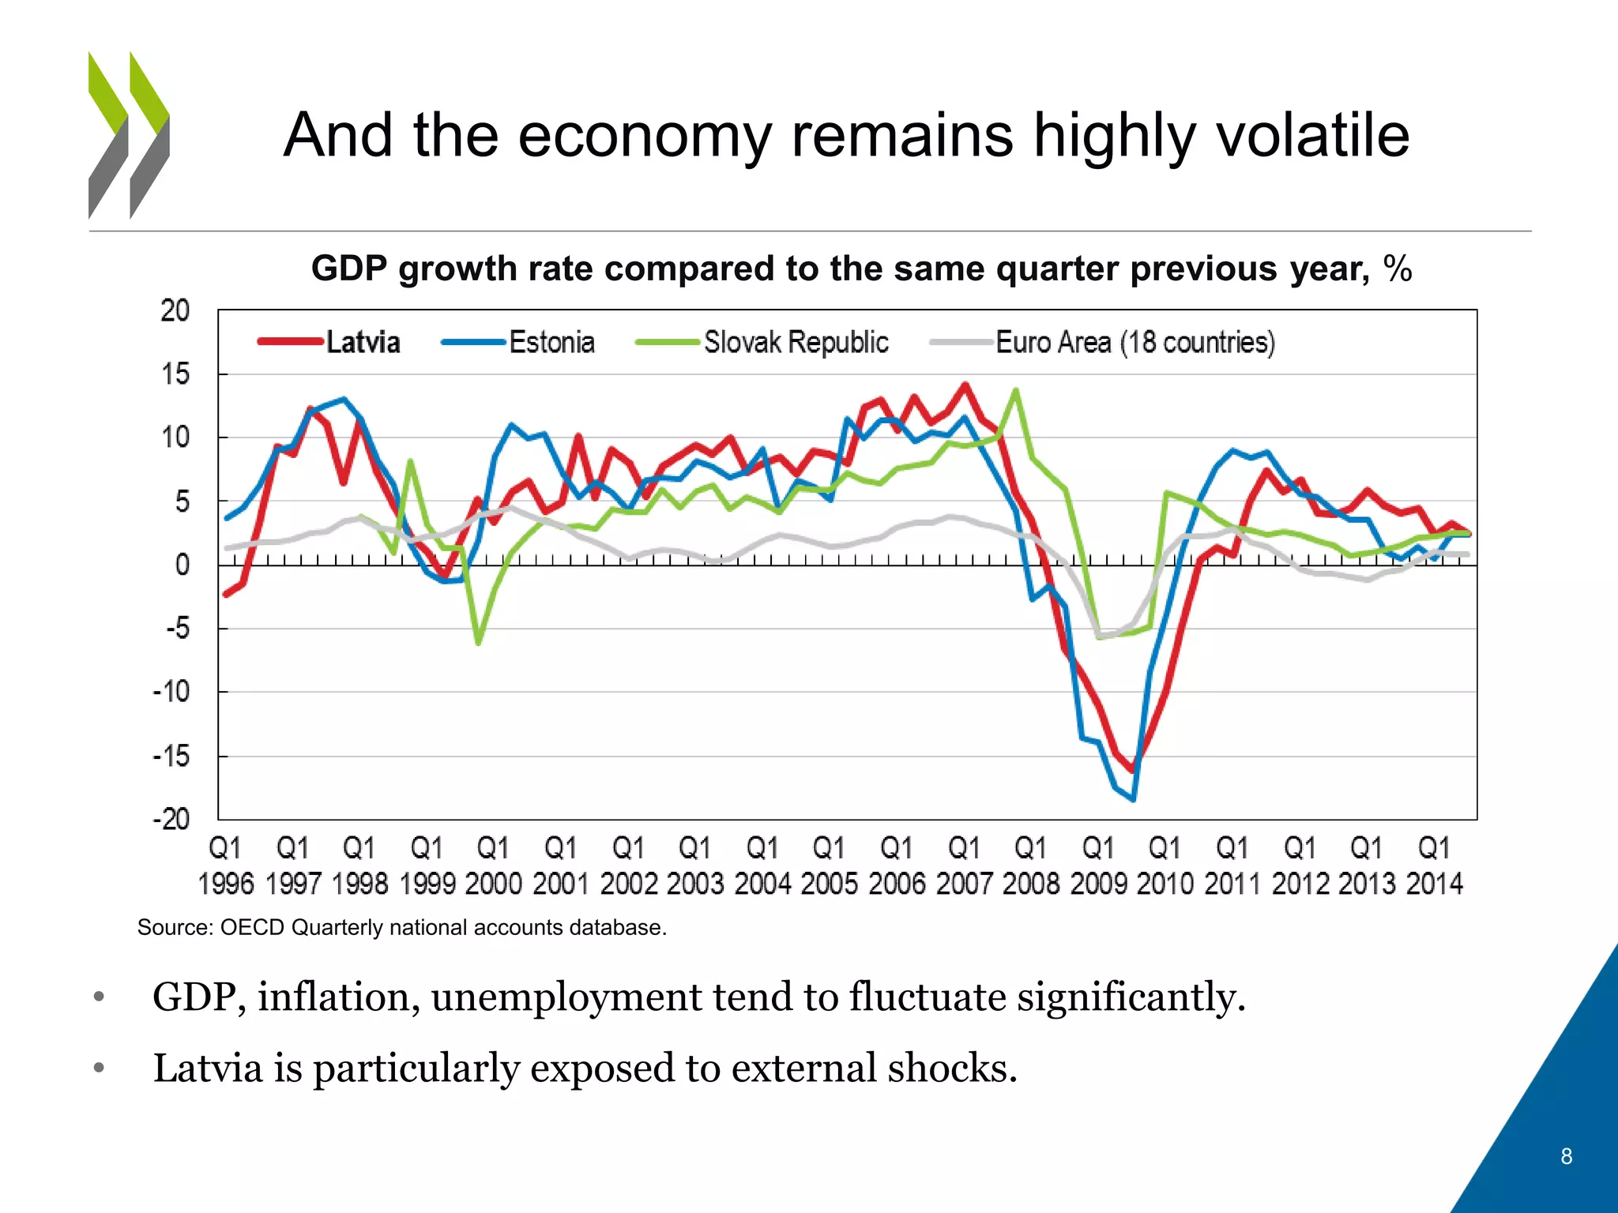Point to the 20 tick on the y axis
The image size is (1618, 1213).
click(175, 310)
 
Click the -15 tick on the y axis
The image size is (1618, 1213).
click(171, 756)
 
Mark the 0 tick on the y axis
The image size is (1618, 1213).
click(182, 565)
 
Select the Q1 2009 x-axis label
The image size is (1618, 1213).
click(1098, 866)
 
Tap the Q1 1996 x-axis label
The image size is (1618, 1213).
click(225, 866)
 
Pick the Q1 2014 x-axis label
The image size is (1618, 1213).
click(1434, 866)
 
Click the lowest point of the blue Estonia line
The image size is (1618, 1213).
click(1134, 800)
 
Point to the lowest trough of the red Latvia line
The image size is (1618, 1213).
click(1131, 770)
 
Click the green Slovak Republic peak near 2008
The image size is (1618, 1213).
click(1016, 389)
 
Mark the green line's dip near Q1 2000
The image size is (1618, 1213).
click(478, 643)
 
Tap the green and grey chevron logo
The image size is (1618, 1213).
click(129, 135)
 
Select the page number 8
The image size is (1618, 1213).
click(1566, 1156)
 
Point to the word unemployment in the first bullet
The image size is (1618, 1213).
click(566, 997)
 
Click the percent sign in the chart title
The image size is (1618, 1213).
click(1398, 269)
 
